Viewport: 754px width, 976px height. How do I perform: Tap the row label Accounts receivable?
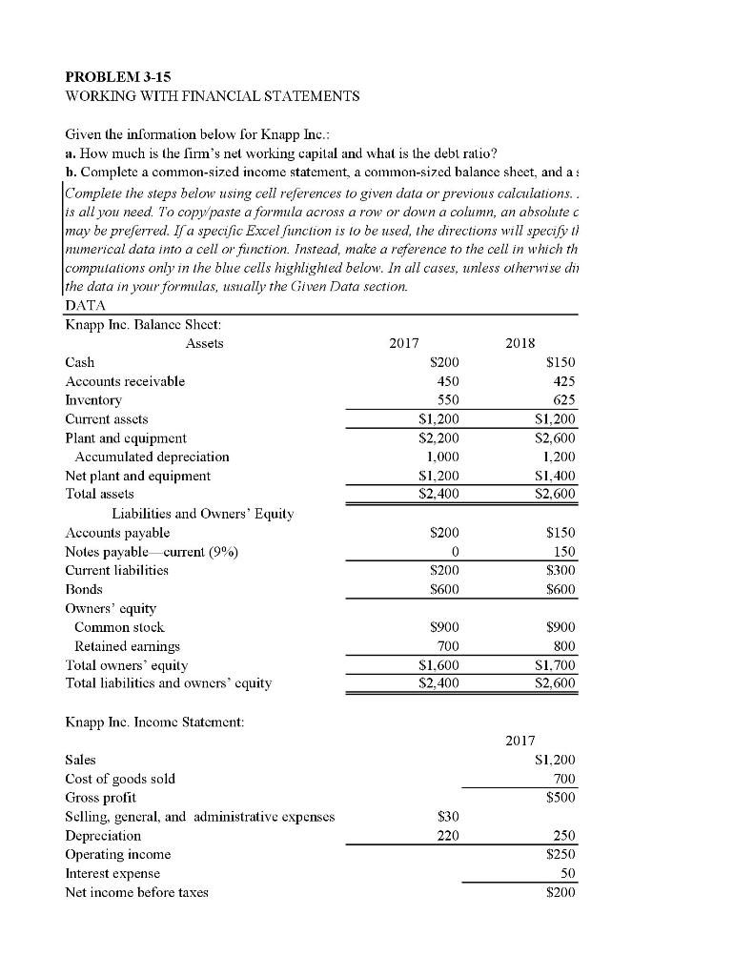coord(125,381)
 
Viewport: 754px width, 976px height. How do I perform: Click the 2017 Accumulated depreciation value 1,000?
coord(439,456)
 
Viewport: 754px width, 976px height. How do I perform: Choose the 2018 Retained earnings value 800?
coord(563,645)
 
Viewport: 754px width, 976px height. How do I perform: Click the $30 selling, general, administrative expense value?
coord(446,816)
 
